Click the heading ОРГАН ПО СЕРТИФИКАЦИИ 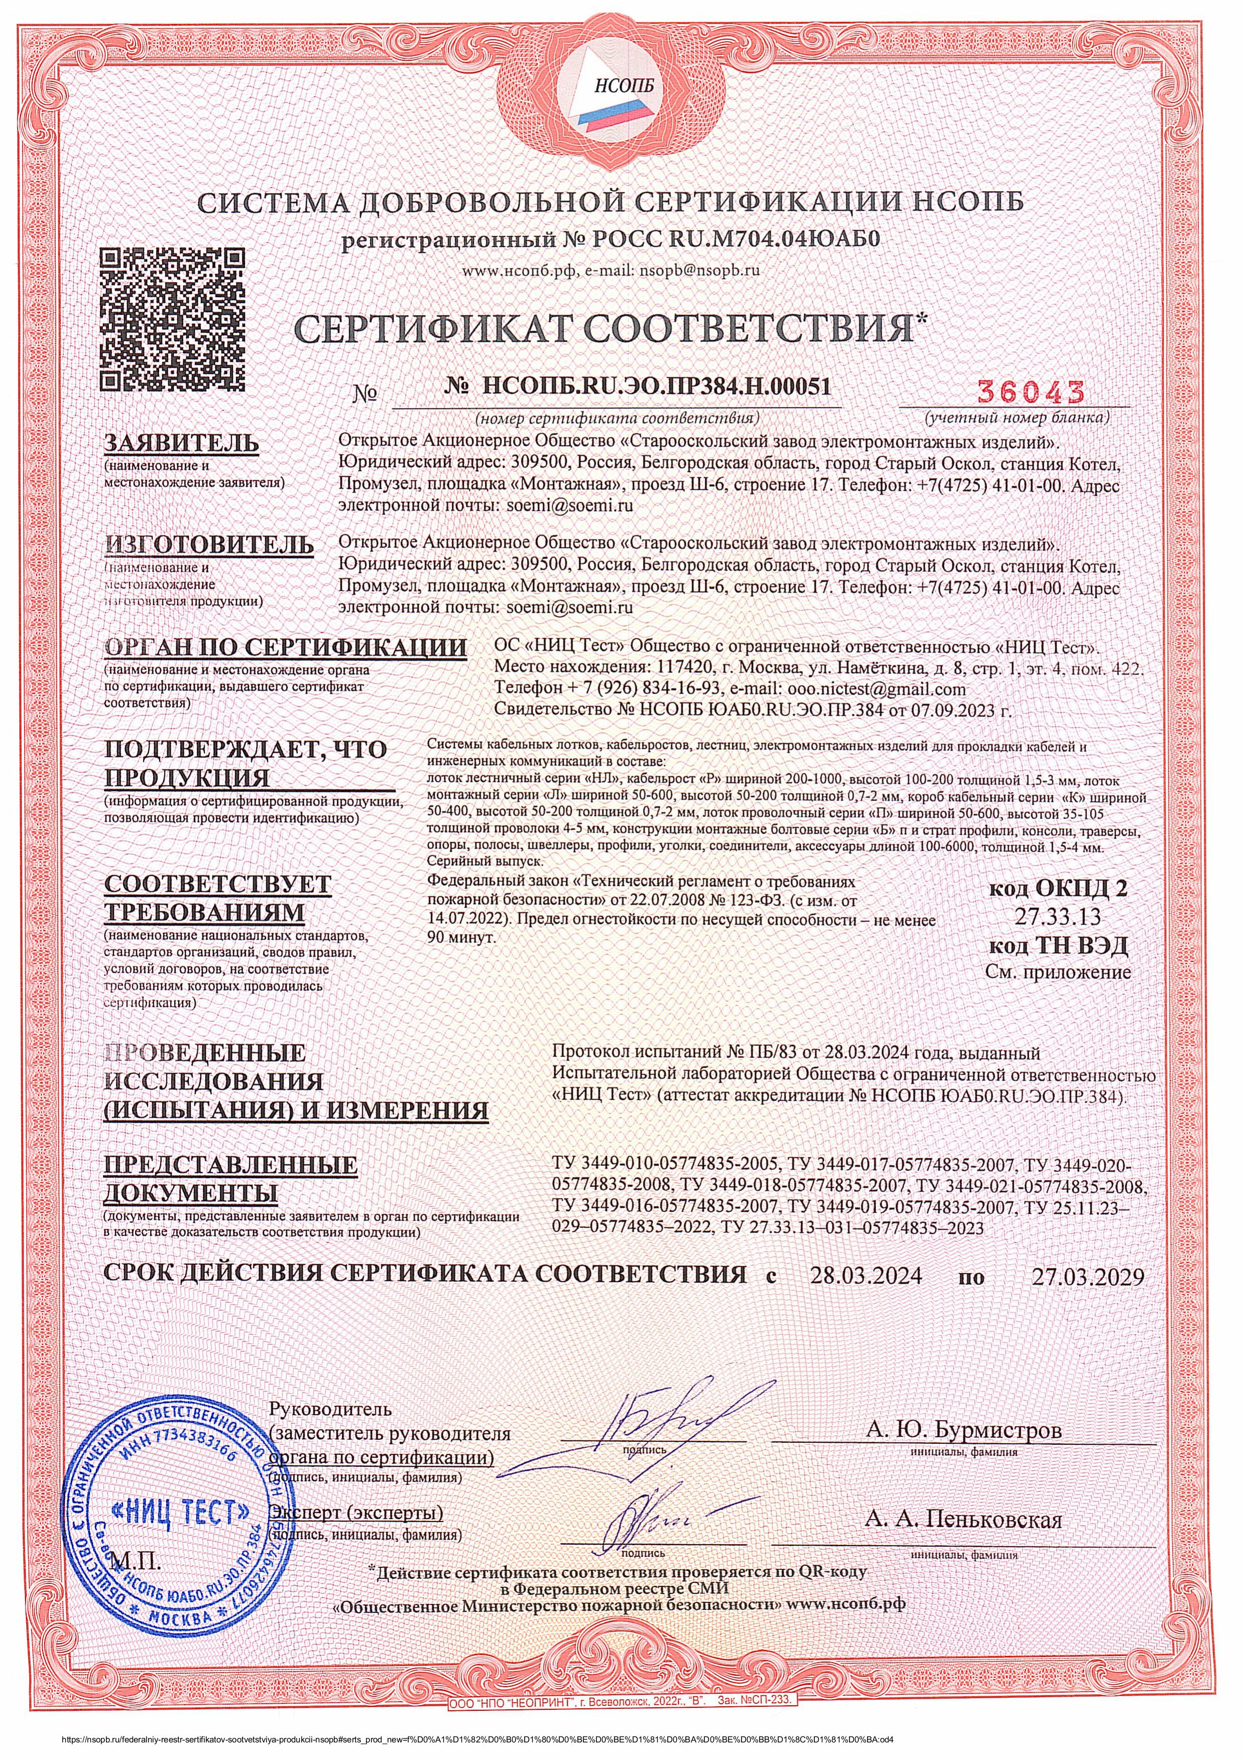285,646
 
